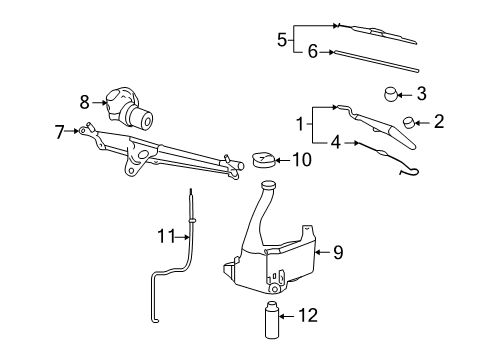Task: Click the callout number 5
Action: point(282,40)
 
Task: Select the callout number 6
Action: point(313,52)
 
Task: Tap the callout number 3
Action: point(421,95)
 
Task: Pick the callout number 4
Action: point(336,143)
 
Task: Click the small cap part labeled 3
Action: point(392,95)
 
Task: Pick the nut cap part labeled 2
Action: point(410,124)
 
